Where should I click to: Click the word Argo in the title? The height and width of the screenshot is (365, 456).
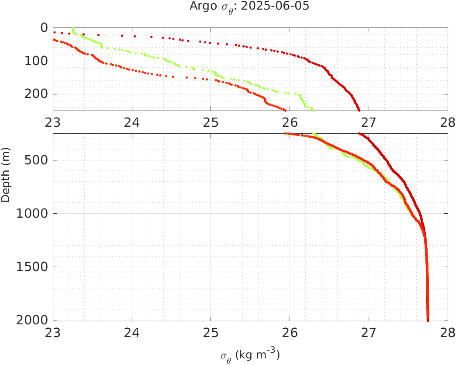pos(200,7)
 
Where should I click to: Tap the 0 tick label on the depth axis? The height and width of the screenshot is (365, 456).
pos(44,28)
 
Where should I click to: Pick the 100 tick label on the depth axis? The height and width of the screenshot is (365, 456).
pos(37,61)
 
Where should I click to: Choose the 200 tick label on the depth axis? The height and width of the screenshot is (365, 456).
pos(37,94)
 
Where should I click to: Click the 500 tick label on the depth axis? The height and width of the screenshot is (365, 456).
pos(37,160)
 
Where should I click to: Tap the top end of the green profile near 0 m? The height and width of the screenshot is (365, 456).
pos(73,28)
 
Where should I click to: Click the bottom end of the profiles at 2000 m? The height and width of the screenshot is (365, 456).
pos(428,320)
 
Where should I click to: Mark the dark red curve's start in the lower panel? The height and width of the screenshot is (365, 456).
pos(359,134)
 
